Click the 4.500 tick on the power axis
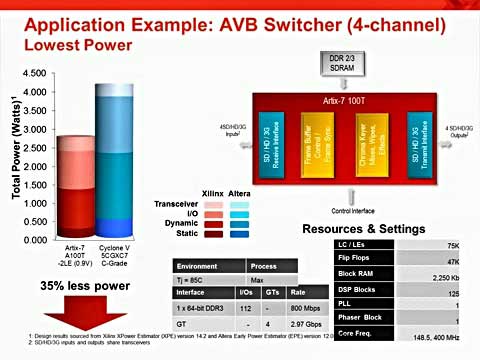tap(33, 74)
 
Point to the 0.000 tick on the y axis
tap(33, 240)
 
